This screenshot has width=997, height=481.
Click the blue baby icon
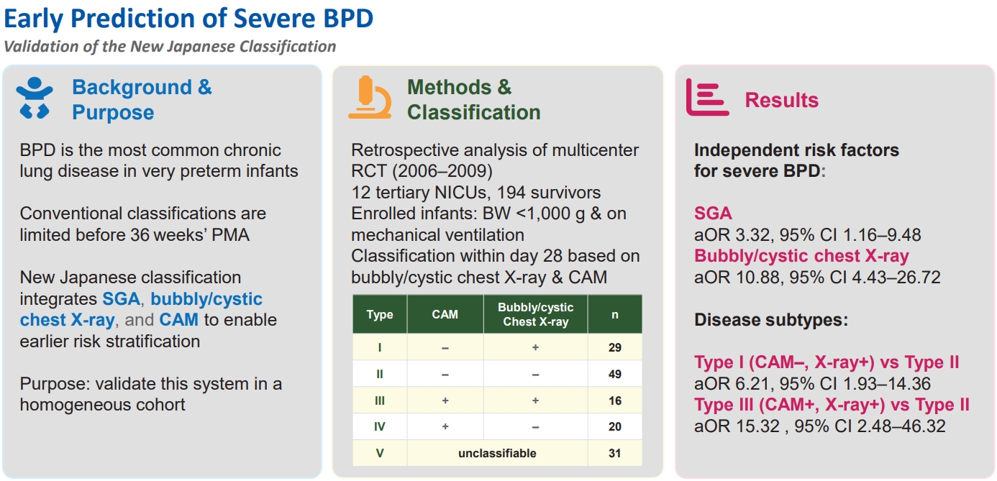(35, 98)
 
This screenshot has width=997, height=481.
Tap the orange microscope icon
(370, 98)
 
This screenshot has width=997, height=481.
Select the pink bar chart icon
(707, 97)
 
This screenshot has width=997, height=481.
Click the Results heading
(782, 100)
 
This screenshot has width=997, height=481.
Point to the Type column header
(380, 315)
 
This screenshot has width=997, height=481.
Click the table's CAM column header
(445, 315)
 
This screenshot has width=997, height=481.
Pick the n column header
(614, 315)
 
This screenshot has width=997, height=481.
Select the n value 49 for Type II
(614, 374)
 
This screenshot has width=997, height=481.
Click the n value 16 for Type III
(614, 401)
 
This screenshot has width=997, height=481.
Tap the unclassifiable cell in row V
(497, 454)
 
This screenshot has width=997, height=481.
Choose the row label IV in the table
(380, 426)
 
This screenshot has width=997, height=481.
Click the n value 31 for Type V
(614, 454)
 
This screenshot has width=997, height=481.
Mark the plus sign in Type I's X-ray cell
(535, 347)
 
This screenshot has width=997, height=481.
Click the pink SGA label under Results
(713, 214)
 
